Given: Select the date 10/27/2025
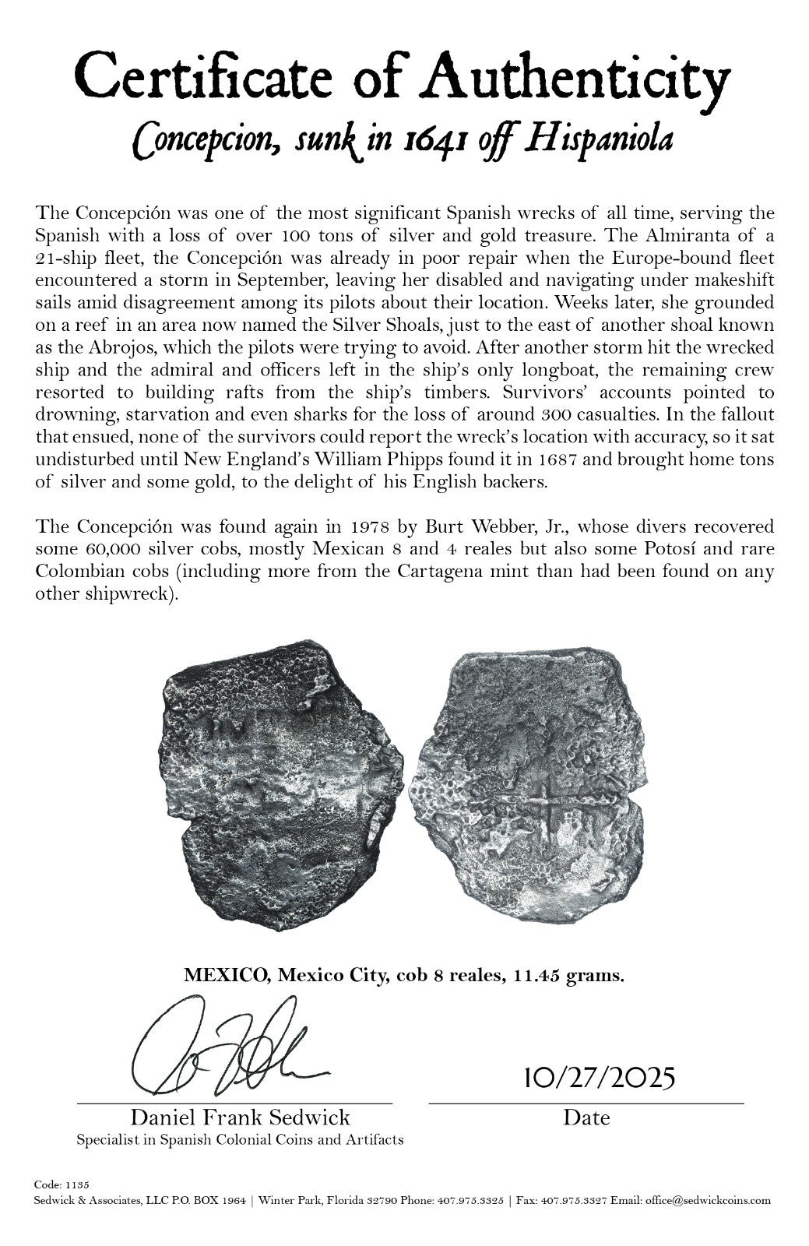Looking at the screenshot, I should click(587, 1079).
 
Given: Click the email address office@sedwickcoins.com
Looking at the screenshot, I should click(708, 1200).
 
